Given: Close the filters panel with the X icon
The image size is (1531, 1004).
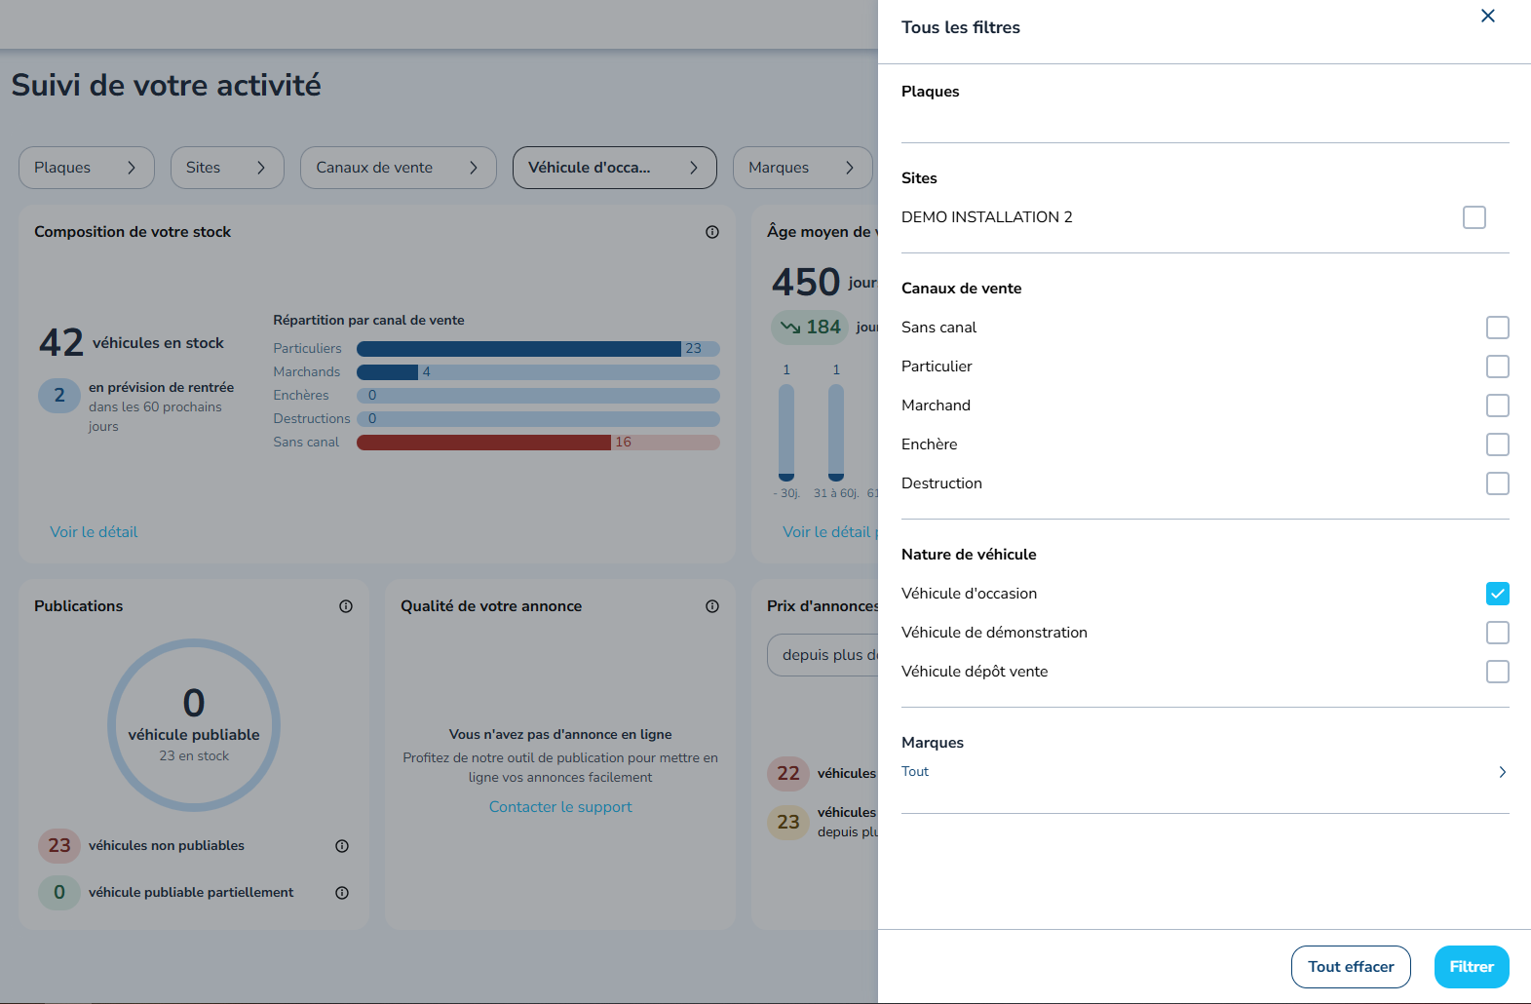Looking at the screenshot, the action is click(x=1487, y=16).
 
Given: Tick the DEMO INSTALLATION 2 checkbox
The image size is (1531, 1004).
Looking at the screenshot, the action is click(x=1474, y=217).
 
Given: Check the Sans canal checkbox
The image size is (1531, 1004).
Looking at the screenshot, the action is click(x=1497, y=328).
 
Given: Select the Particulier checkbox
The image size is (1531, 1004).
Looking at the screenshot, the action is click(x=1497, y=367).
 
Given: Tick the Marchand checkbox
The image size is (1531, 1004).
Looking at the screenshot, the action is click(x=1497, y=405).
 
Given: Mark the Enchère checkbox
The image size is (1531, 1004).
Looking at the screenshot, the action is click(x=1497, y=444).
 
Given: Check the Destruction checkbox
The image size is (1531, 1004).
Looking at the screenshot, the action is click(x=1497, y=483).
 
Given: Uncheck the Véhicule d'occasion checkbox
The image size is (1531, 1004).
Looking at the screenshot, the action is click(x=1497, y=594).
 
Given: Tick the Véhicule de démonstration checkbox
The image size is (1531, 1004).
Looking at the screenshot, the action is click(x=1497, y=633).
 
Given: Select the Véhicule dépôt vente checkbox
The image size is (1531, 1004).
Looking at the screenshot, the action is click(x=1497, y=672).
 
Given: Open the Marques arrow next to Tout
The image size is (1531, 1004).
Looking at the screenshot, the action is click(x=1503, y=772).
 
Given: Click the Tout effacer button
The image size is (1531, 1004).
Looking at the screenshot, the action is click(x=1351, y=966).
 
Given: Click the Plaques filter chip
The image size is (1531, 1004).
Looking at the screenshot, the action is click(x=86, y=168).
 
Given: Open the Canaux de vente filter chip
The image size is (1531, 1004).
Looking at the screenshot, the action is click(x=398, y=168).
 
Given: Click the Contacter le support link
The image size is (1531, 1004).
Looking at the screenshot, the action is click(x=560, y=806).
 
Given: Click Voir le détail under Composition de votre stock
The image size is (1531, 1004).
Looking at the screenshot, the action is click(x=94, y=532).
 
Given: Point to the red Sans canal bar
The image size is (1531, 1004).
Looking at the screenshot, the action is click(x=484, y=443).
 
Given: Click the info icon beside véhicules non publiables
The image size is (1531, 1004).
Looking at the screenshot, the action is click(x=342, y=846).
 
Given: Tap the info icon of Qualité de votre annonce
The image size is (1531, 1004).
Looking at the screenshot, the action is click(x=712, y=606).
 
